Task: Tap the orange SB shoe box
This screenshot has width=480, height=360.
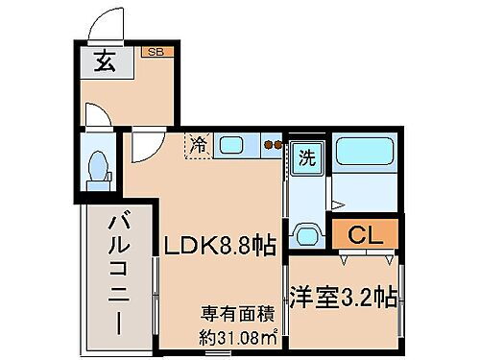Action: pyautogui.click(x=154, y=52)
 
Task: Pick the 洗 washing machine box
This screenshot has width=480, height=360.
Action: pyautogui.click(x=305, y=155)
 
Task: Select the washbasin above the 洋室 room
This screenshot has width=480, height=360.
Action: pyautogui.click(x=307, y=233)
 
